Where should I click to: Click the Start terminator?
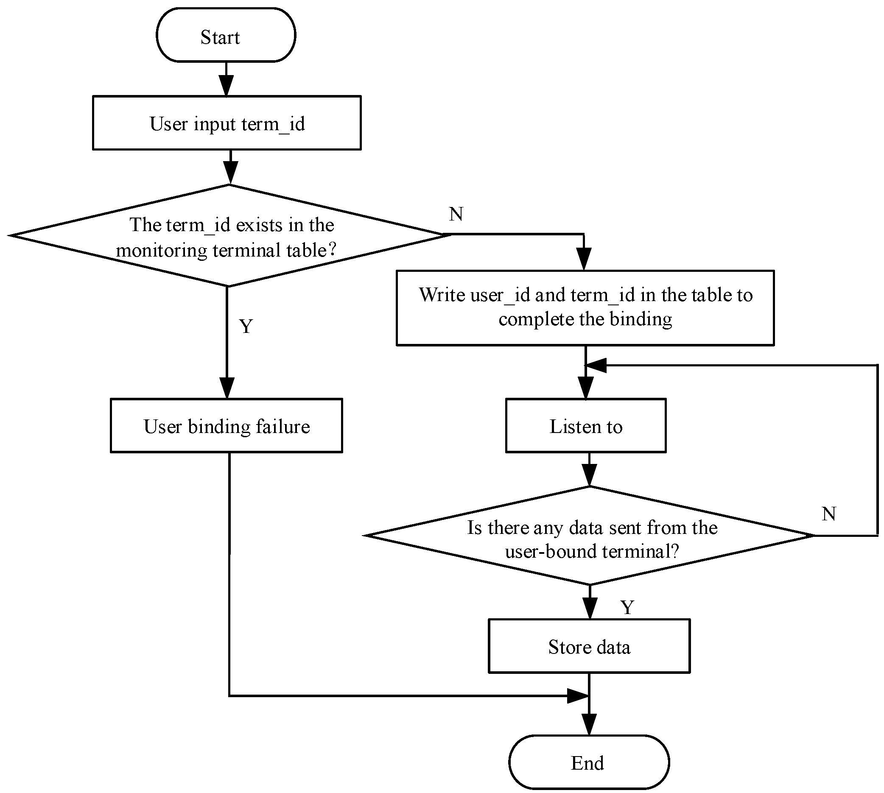point(226,35)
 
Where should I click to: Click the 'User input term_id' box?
point(227,123)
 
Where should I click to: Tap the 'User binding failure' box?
point(226,426)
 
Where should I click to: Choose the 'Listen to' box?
point(585,426)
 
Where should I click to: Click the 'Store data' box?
point(589,646)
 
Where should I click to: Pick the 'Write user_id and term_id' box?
point(585,307)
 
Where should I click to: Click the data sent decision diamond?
point(589,536)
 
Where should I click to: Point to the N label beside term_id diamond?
point(456,214)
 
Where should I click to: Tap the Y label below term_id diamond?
point(246,327)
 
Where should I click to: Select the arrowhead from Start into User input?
point(226,86)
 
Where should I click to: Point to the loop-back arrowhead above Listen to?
point(596,366)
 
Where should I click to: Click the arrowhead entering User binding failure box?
point(227,388)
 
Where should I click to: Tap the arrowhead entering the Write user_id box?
point(584,260)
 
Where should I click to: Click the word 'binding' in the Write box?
point(641,319)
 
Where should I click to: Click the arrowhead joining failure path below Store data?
point(578,696)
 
